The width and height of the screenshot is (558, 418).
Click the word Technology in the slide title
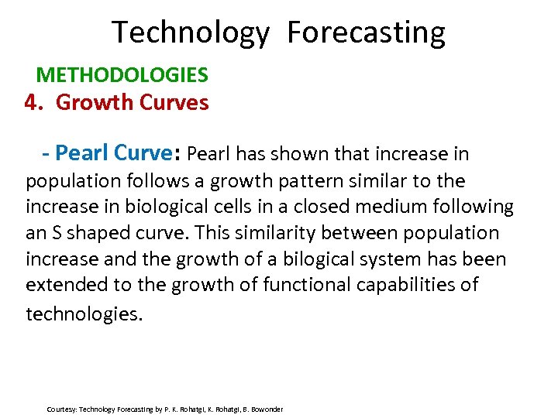click(x=191, y=33)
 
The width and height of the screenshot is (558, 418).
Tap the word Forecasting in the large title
click(x=366, y=33)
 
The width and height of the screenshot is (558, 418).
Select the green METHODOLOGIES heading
click(x=122, y=75)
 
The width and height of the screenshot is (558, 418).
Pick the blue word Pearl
click(x=83, y=153)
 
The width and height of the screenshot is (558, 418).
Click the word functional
click(x=303, y=285)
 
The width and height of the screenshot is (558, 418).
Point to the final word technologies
click(x=84, y=313)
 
